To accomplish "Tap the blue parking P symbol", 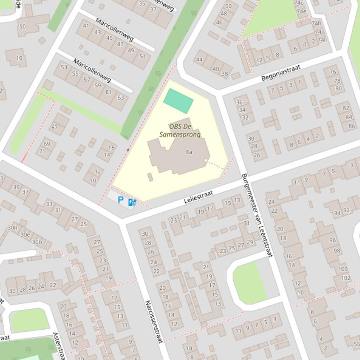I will coord(121,200).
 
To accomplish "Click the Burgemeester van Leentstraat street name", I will coord(257,215).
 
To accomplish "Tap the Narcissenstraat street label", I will coord(153,322).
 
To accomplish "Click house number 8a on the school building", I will coord(189,152).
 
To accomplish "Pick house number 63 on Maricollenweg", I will coord(121,97).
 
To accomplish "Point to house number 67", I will coord(55,128).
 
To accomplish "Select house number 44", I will coord(200,59).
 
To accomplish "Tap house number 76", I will coord(333,72).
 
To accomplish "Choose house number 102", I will coord(346,278).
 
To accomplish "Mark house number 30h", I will coord(13,228).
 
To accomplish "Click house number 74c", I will coord(298,3).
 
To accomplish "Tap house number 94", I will coord(337,213).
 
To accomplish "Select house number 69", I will coord(47,144).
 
